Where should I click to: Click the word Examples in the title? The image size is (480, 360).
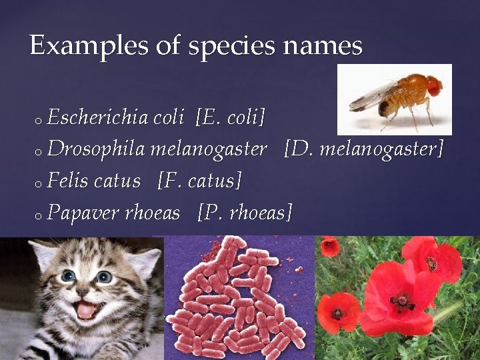point(73,46)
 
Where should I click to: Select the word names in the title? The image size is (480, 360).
point(322,46)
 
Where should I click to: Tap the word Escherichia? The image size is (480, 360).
point(98,118)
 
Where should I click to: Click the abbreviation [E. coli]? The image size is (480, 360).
point(231,118)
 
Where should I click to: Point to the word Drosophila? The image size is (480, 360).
point(97,149)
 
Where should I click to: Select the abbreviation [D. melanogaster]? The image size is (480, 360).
point(363,149)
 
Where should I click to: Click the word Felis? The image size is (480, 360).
point(69,181)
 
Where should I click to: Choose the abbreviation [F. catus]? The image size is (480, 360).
point(199,181)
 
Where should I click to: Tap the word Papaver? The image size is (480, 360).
point(82,213)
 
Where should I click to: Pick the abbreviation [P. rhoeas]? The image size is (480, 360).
point(245,213)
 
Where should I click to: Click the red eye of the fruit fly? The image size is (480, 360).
point(434,86)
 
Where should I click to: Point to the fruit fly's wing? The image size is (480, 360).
point(373,97)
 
